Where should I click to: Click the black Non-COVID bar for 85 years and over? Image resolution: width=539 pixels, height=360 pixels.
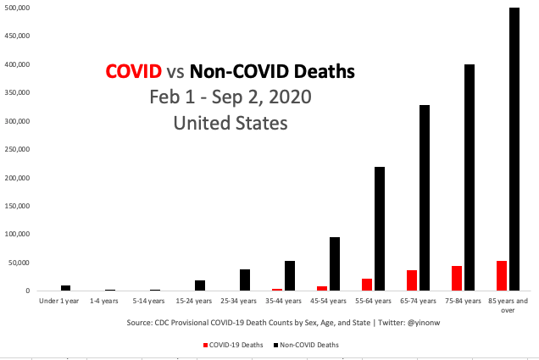(514, 149)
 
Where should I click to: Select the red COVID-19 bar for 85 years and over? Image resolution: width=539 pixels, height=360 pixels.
(502, 276)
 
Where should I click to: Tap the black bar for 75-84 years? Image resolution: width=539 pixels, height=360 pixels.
(470, 178)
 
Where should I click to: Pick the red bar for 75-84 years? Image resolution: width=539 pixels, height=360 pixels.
(457, 279)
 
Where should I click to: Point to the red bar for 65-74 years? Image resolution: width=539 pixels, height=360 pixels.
(412, 280)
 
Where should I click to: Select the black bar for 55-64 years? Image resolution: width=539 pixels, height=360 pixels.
(380, 229)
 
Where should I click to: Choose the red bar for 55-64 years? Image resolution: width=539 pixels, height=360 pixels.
(367, 285)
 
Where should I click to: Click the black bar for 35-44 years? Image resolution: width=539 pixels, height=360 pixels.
(290, 276)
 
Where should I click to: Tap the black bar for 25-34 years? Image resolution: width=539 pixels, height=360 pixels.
(245, 280)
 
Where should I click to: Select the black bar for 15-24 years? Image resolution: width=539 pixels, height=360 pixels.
(200, 285)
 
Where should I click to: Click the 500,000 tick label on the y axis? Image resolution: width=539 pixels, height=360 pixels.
(17, 8)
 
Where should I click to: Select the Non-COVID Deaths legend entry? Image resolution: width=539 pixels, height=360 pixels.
(308, 345)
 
